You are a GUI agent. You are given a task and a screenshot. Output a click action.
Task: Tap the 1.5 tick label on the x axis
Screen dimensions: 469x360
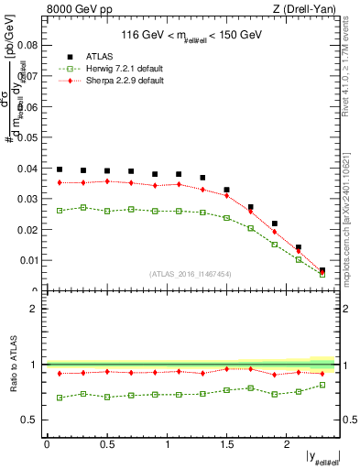point(226,445)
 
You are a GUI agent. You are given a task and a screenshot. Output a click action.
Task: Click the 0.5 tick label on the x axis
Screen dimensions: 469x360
point(106,445)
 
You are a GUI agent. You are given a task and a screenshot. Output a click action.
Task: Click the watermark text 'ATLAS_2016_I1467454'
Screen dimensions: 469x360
point(190,274)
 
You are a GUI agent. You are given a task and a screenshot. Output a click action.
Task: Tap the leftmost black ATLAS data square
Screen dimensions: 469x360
point(60,169)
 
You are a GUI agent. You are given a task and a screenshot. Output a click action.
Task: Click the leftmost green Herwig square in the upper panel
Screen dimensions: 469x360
point(60,211)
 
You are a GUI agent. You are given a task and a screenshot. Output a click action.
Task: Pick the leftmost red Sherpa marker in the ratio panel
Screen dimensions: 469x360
point(60,373)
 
